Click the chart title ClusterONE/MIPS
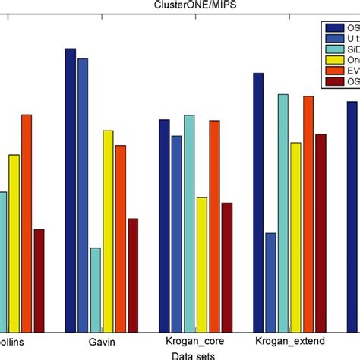tap(180, 6)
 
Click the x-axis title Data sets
tap(192, 355)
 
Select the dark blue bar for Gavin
tap(71, 190)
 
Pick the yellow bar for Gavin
tap(108, 231)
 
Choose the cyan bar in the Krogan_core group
tap(189, 223)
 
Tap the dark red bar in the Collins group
tap(39, 280)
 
